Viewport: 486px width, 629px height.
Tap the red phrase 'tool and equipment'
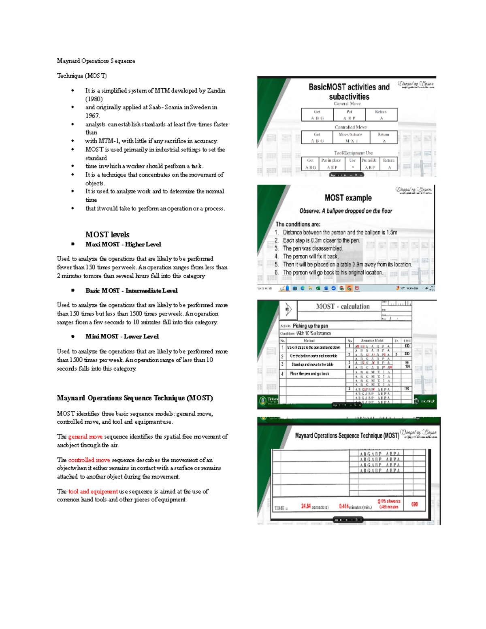(x=93, y=491)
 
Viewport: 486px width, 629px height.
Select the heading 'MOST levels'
(x=107, y=235)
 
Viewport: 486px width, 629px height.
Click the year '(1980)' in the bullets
(x=94, y=99)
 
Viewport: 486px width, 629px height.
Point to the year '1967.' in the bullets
(x=92, y=116)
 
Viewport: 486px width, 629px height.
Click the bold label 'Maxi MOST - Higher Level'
(x=123, y=244)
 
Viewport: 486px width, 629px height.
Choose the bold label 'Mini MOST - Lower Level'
(x=122, y=337)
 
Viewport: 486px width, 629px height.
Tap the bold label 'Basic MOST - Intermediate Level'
(x=131, y=291)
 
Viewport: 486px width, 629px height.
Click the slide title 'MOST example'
(x=348, y=198)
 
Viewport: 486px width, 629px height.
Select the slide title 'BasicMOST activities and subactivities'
(x=349, y=92)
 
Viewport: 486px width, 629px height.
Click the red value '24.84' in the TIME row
(x=306, y=506)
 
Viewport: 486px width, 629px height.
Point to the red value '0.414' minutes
(x=344, y=506)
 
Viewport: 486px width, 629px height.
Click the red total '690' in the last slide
(x=414, y=505)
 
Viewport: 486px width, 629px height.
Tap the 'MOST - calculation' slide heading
(x=343, y=307)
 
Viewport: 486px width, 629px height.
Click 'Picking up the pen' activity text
(x=310, y=326)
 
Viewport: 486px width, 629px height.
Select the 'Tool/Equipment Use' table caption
(x=353, y=153)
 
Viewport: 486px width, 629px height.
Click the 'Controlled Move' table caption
(x=350, y=127)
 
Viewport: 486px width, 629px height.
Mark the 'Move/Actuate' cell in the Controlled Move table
(x=351, y=134)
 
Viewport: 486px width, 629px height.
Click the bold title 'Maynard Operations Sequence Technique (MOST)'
(x=135, y=398)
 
